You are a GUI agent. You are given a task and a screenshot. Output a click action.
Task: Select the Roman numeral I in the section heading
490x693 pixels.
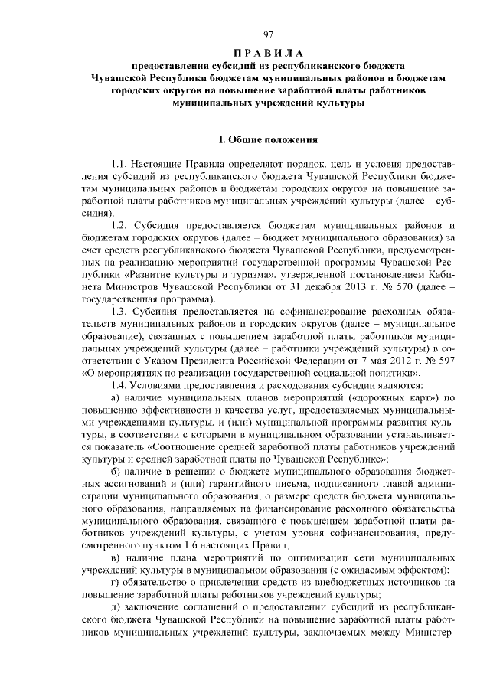tap(220, 140)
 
